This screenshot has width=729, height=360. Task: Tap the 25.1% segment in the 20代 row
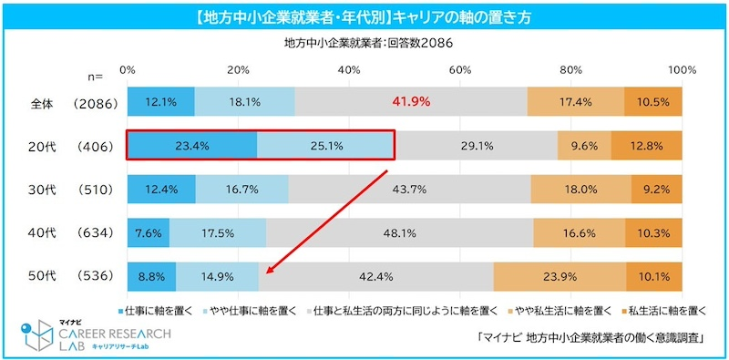325,145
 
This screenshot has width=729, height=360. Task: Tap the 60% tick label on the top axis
460,70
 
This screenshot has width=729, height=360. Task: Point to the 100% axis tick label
683,70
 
